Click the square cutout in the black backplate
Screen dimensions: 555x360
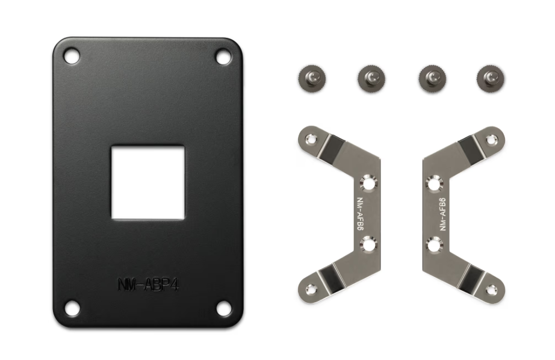(148, 182)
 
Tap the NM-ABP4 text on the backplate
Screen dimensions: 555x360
(148, 284)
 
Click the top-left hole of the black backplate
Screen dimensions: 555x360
(72, 56)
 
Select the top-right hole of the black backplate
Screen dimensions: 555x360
(223, 57)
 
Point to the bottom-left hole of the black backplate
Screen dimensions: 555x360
(72, 308)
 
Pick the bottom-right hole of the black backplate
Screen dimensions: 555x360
(223, 308)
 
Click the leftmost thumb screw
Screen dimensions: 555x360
(312, 78)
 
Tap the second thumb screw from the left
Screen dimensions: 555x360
(371, 78)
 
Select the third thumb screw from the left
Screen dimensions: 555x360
(432, 78)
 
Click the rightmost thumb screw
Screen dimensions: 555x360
(491, 78)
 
